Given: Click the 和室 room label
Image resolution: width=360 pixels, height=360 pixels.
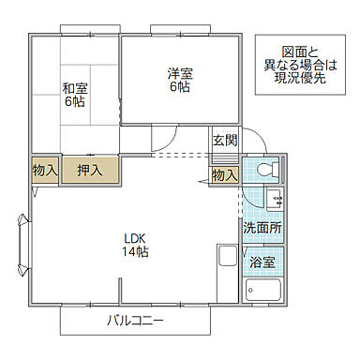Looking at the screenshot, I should [74, 89].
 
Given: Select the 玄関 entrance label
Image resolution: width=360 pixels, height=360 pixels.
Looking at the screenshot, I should [224, 141].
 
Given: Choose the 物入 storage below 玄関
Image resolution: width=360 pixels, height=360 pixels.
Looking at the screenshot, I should [224, 174].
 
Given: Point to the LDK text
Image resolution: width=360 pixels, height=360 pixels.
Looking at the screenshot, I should [135, 238].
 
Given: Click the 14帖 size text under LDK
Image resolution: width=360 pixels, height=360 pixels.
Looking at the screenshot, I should [135, 252].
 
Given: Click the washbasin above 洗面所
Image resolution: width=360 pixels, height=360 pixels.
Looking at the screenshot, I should [273, 199].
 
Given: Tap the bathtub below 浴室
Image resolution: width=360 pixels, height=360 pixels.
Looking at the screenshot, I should [264, 290].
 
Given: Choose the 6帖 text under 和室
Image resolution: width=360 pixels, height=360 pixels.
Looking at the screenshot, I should [74, 102].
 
